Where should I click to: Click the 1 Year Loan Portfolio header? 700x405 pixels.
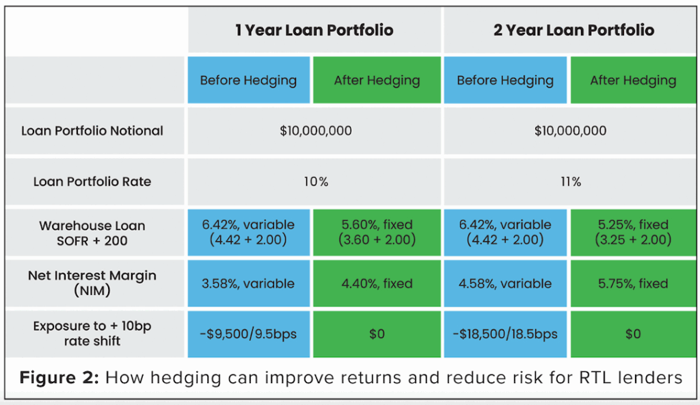click(314, 30)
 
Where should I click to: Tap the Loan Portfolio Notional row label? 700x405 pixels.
click(92, 131)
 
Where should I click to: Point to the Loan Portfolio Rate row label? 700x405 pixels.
click(92, 182)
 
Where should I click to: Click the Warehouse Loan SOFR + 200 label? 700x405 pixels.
click(92, 233)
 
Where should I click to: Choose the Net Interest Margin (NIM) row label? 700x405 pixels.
click(92, 283)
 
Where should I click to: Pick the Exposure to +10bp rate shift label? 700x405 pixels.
click(92, 334)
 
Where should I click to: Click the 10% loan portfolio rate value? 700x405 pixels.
click(316, 182)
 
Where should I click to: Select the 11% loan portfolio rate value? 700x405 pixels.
click(571, 182)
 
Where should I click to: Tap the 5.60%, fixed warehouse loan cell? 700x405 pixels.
click(377, 233)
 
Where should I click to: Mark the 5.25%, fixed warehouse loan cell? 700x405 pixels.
click(633, 233)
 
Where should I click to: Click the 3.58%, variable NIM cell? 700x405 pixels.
click(248, 283)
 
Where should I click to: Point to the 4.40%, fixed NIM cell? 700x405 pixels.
click(377, 283)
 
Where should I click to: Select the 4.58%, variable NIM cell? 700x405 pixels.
click(505, 283)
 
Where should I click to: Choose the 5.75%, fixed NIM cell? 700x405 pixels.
click(633, 283)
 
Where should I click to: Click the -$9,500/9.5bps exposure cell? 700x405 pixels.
click(248, 335)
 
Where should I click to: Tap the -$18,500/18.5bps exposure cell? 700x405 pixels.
click(505, 335)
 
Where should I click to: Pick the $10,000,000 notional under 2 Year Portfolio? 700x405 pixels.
click(571, 131)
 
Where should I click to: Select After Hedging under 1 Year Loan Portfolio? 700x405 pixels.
click(377, 80)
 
